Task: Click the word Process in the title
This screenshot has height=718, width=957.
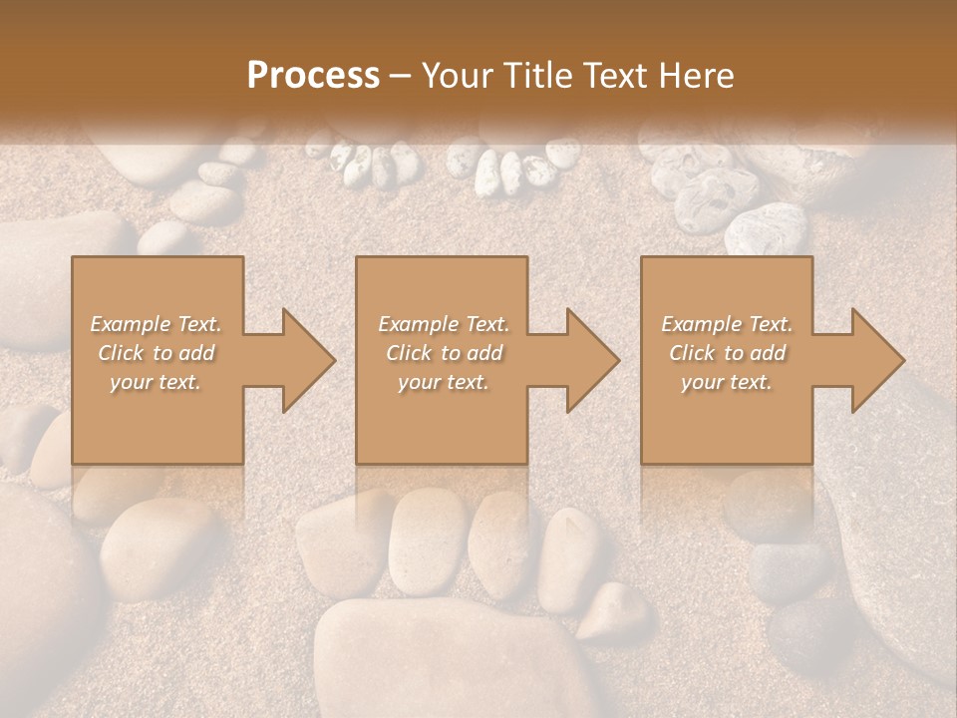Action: (313, 76)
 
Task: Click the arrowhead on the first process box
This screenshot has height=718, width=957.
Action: (298, 360)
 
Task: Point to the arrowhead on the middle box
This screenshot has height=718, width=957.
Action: (582, 360)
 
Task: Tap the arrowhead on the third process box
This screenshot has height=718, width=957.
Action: (867, 360)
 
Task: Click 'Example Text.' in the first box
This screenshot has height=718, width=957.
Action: (157, 324)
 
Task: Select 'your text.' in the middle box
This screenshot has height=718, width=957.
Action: (443, 382)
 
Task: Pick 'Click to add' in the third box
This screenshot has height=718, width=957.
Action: (728, 353)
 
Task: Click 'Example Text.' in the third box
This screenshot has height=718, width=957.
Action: (728, 324)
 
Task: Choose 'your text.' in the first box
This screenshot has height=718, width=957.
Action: (157, 382)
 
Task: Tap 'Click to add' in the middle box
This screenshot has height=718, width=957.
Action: (443, 353)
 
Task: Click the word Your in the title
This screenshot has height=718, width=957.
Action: (458, 76)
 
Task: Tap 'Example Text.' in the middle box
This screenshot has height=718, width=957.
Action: (443, 324)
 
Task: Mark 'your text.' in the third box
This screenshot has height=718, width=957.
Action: (728, 382)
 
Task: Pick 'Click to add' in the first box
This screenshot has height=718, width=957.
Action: (157, 353)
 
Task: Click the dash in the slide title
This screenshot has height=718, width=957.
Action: (401, 76)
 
